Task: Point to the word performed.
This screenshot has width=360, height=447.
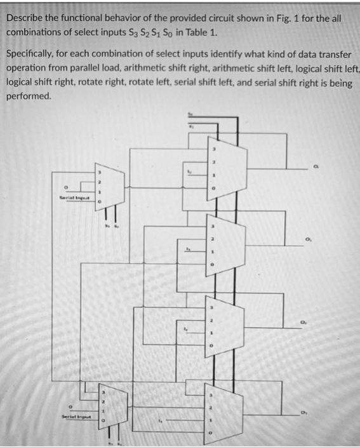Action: click(x=29, y=97)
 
